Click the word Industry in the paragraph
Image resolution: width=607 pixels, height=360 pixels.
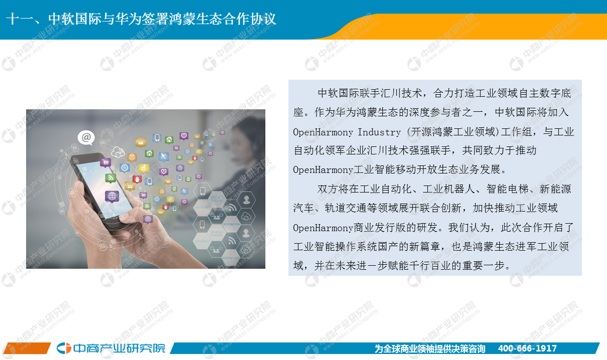(379, 132)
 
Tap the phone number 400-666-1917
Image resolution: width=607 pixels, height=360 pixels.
(527, 348)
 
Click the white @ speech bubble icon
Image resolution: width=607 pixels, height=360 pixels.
(86, 138)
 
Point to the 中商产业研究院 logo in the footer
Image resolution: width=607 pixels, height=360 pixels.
(111, 348)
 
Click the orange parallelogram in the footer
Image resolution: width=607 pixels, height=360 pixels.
(27, 348)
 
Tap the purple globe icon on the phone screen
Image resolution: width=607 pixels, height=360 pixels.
(112, 196)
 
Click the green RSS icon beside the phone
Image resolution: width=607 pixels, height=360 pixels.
(110, 178)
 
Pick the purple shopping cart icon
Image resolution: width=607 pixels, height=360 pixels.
(105, 162)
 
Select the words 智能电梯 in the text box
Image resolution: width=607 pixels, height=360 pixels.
(507, 189)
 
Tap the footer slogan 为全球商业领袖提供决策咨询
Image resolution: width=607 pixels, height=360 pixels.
(430, 348)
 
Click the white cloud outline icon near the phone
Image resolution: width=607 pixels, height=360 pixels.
(118, 152)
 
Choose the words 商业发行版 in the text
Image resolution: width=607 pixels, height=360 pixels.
(380, 228)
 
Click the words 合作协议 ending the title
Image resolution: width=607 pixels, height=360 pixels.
(250, 19)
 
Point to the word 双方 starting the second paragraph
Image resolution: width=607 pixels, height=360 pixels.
(328, 189)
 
